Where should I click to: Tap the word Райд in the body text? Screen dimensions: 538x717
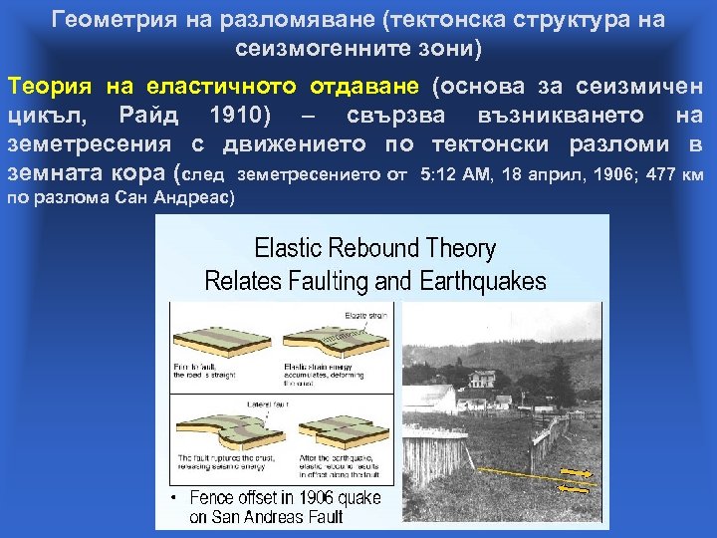point(148,116)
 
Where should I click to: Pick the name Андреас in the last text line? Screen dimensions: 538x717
point(193,197)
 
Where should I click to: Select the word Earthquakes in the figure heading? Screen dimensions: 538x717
point(487,282)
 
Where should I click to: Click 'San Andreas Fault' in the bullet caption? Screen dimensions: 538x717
point(268,516)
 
